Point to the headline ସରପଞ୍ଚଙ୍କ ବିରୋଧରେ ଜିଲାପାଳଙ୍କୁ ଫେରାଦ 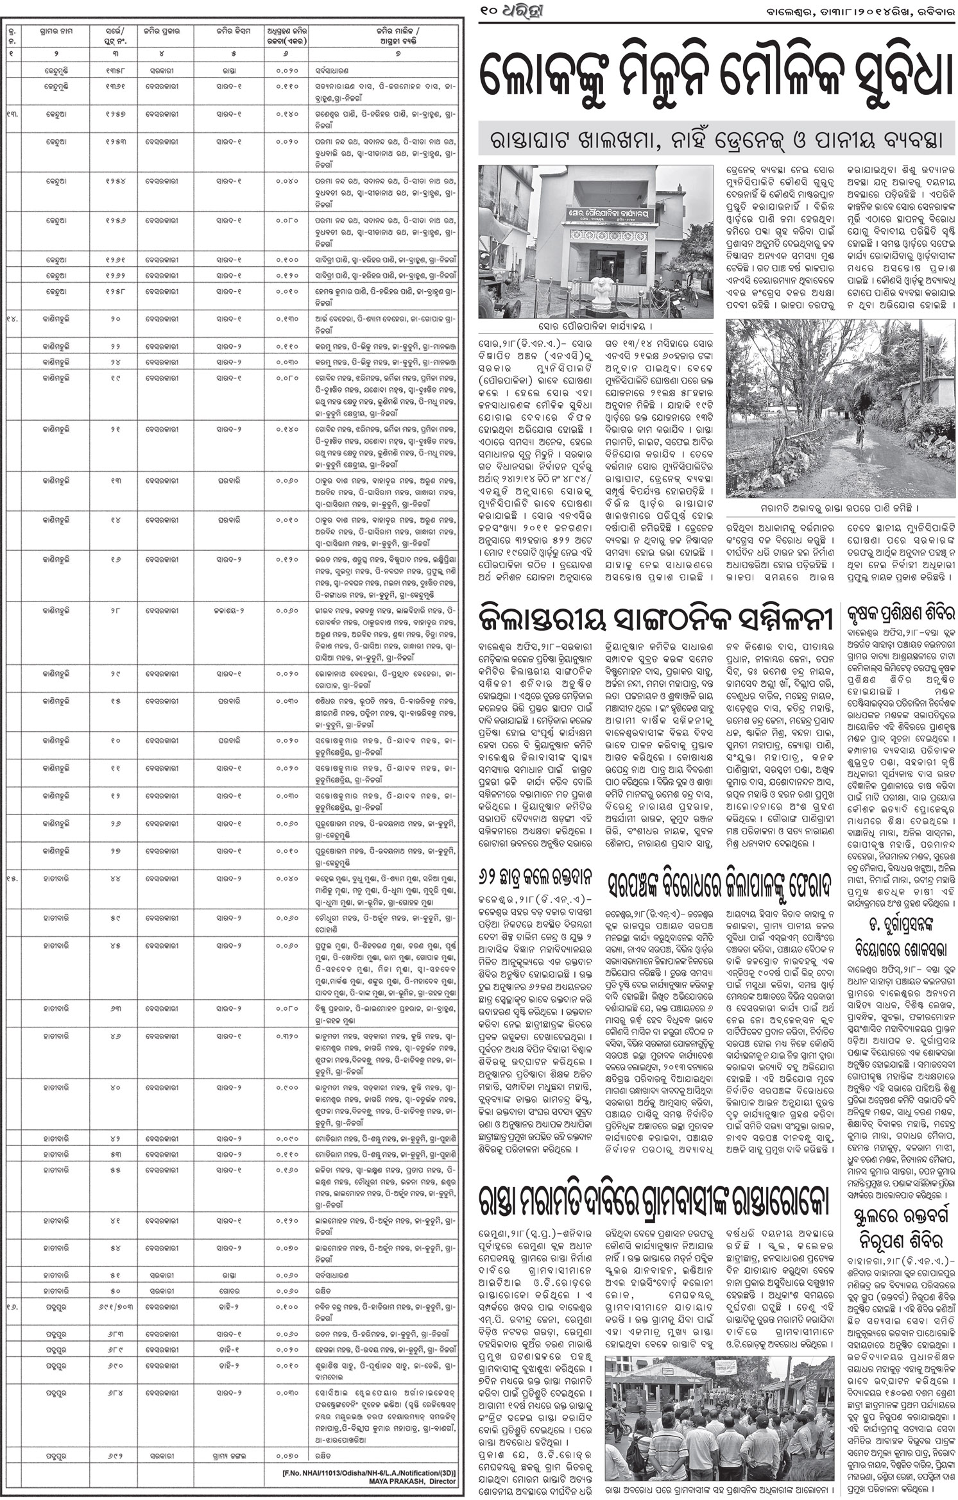pos(718,886)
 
